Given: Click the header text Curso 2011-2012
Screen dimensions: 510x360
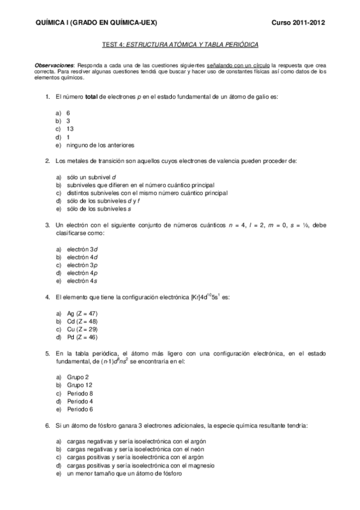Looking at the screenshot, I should (298, 22).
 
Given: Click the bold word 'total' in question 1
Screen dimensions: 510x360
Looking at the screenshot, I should (91, 96).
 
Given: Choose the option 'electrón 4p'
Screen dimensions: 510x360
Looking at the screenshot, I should (82, 272).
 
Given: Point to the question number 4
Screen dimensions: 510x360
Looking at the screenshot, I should (47, 297).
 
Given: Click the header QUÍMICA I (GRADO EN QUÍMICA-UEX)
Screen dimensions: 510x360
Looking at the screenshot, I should (97, 22).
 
